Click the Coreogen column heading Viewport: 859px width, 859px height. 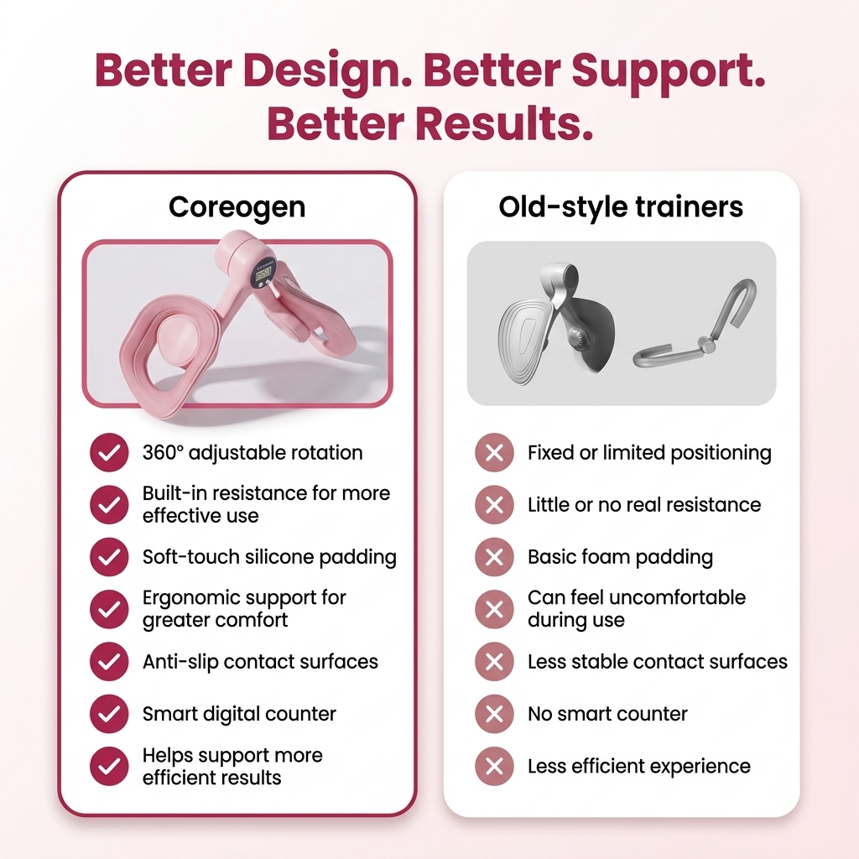pyautogui.click(x=237, y=208)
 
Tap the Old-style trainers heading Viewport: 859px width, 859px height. pyautogui.click(x=621, y=207)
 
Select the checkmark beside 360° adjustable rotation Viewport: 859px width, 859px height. pyautogui.click(x=109, y=452)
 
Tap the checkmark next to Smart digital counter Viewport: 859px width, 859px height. pyautogui.click(x=109, y=714)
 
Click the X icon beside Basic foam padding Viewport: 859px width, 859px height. pyautogui.click(x=494, y=557)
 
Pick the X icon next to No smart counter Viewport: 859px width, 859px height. pyautogui.click(x=494, y=714)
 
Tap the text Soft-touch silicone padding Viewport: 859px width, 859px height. pyautogui.click(x=269, y=557)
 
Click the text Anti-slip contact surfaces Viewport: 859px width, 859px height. pyautogui.click(x=260, y=662)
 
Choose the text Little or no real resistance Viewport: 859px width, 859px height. pyautogui.click(x=644, y=504)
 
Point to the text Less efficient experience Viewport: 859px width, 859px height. pyautogui.click(x=639, y=767)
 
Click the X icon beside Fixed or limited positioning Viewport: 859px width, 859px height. pyautogui.click(x=494, y=452)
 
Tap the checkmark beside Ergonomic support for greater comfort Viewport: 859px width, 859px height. pyautogui.click(x=109, y=609)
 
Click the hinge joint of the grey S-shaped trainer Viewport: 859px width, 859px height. pyautogui.click(x=706, y=345)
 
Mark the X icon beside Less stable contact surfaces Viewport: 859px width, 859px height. pyautogui.click(x=494, y=662)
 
